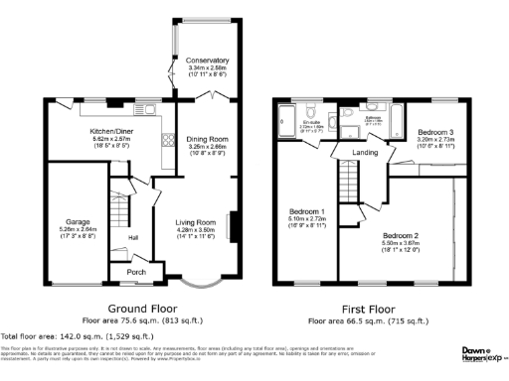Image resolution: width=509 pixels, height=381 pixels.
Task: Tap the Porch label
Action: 128,272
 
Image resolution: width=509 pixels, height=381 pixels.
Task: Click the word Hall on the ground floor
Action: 132,238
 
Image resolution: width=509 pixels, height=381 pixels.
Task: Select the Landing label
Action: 365,152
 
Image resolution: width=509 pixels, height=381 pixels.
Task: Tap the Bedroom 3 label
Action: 436,132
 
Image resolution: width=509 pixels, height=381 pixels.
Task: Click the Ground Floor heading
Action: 134,310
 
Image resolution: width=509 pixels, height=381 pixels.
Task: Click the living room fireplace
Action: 234,225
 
